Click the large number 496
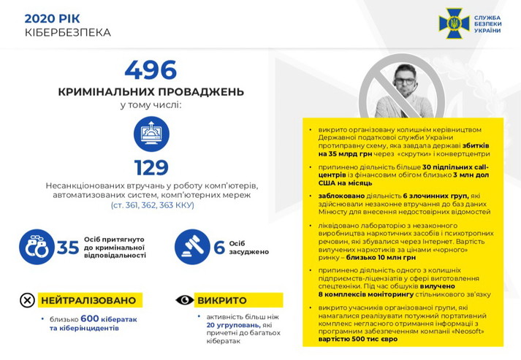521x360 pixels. (151, 70)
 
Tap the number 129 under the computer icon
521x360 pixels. (151, 167)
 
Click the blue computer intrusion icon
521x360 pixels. (151, 134)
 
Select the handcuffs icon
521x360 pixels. (36, 247)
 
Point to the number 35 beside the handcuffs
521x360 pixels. (68, 248)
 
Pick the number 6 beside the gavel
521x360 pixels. (218, 248)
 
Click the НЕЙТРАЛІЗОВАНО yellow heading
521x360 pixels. (88, 300)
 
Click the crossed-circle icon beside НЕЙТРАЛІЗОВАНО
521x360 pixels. (27, 300)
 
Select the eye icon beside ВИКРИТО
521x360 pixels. (184, 300)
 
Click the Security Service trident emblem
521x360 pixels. (453, 23)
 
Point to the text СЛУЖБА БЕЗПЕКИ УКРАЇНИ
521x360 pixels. (487, 23)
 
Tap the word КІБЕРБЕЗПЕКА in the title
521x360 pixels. (68, 33)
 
